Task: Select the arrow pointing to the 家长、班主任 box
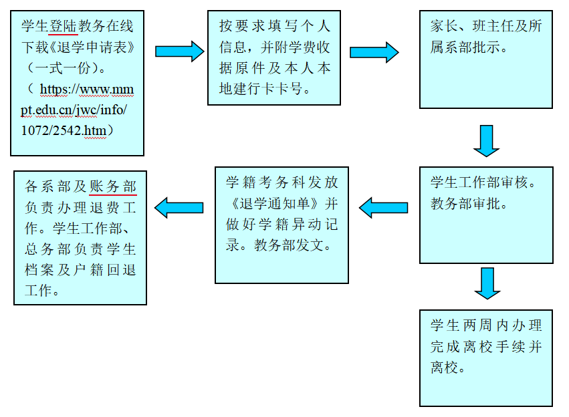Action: (x=374, y=51)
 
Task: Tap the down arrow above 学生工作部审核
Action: (x=486, y=140)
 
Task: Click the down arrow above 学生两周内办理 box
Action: (x=486, y=283)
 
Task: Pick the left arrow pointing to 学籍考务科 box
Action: (x=383, y=208)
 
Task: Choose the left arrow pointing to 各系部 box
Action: (x=179, y=207)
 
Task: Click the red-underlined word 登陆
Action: (x=64, y=26)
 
